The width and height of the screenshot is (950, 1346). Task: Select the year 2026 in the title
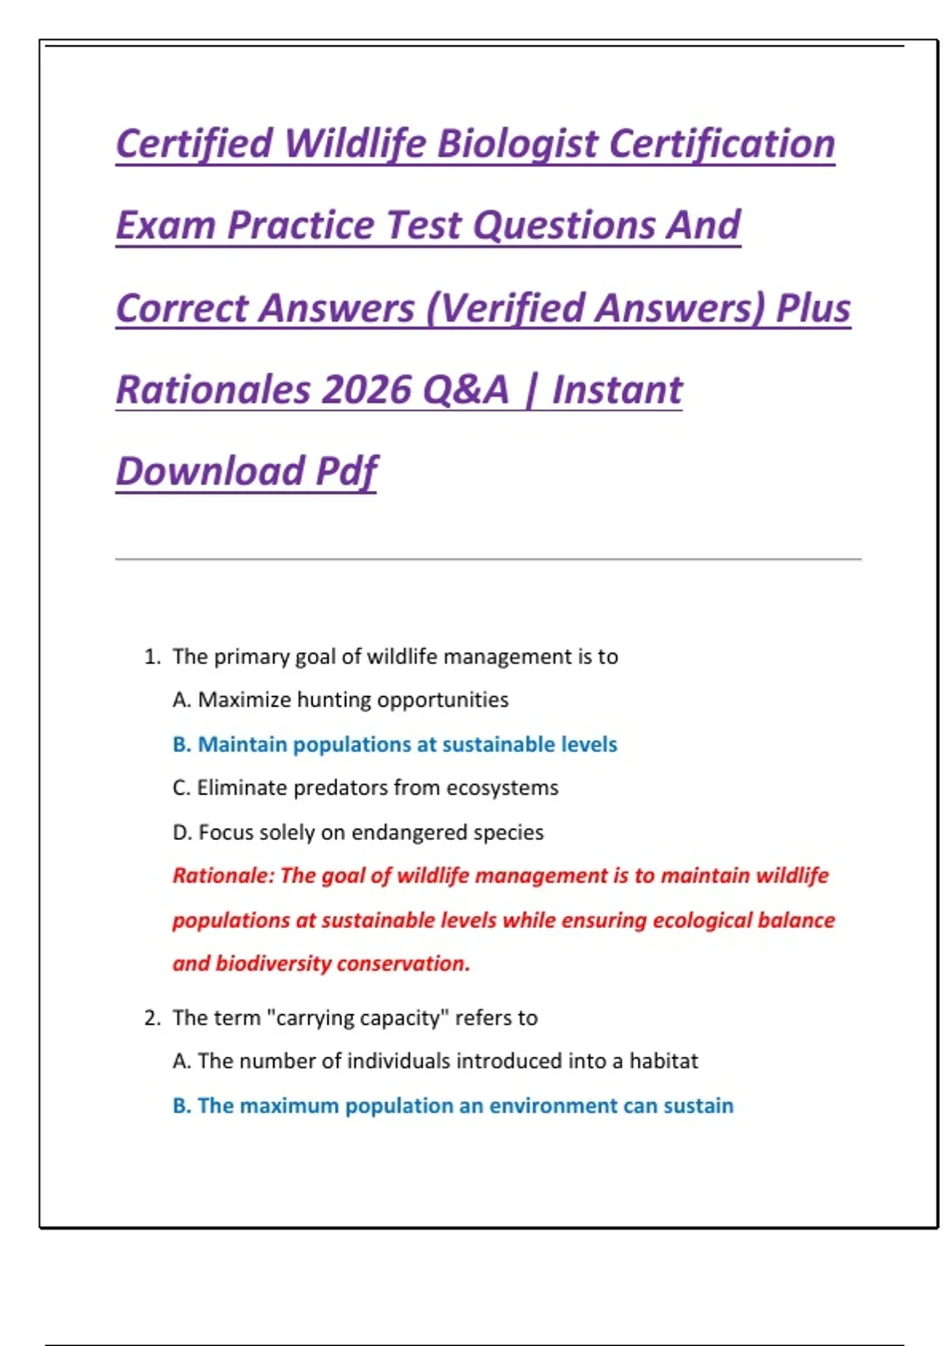pos(367,390)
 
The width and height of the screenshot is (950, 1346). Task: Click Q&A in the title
pos(465,390)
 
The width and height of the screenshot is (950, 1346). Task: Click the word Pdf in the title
pos(347,471)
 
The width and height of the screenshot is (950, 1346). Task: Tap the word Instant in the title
pos(617,390)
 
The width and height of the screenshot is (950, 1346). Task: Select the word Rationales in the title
pos(213,390)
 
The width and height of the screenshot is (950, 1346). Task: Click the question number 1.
pos(152,656)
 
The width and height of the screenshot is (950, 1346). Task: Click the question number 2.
pos(152,1017)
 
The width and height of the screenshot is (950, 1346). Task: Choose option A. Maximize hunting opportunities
pos(340,700)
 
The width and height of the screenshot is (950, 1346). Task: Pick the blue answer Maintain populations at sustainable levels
pos(395,744)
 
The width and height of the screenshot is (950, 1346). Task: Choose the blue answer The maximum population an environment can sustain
pos(453,1105)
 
